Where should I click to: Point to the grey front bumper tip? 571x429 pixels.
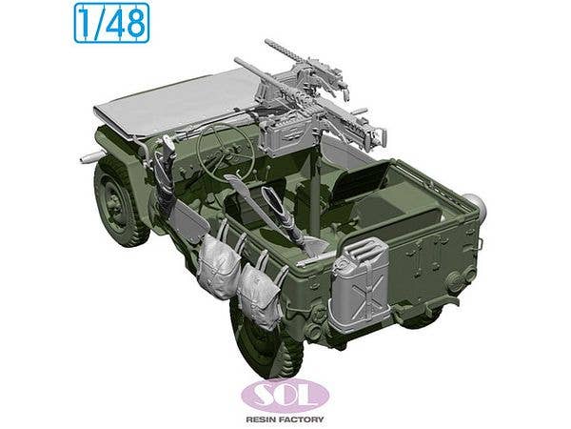point(85,154)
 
